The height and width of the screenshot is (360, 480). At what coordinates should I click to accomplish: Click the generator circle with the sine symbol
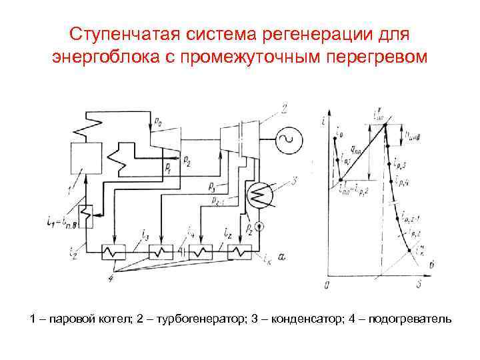pyautogui.click(x=290, y=140)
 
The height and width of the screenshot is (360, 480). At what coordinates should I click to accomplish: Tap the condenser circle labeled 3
pyautogui.click(x=257, y=195)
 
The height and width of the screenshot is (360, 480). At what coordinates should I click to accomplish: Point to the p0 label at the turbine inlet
pyautogui.click(x=157, y=122)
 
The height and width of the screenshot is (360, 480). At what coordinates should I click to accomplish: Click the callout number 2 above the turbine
pyautogui.click(x=284, y=109)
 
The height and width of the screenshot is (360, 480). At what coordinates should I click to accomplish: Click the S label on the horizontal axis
pyautogui.click(x=419, y=285)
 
